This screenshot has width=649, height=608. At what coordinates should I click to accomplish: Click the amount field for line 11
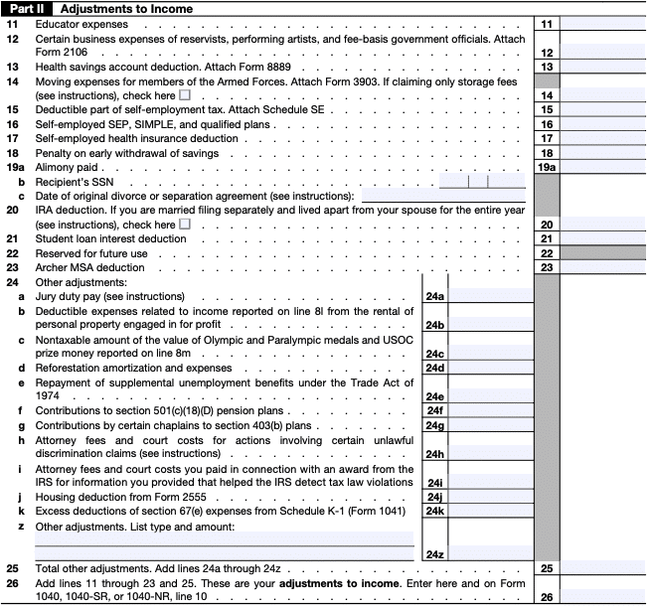coord(602,23)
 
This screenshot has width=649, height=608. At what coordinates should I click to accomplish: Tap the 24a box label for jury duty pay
coord(434,297)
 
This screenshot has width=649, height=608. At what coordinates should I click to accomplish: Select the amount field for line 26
coord(602,596)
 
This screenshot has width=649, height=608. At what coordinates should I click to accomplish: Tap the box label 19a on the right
coord(547,168)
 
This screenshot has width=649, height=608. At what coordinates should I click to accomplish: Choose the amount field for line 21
coord(602,239)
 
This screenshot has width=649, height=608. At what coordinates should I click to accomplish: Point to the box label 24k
coord(434,511)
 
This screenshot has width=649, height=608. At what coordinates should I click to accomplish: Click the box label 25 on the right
coord(547,568)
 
